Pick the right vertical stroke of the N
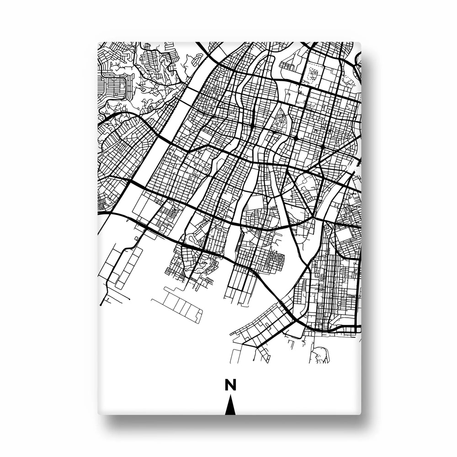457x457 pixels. point(235,385)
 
